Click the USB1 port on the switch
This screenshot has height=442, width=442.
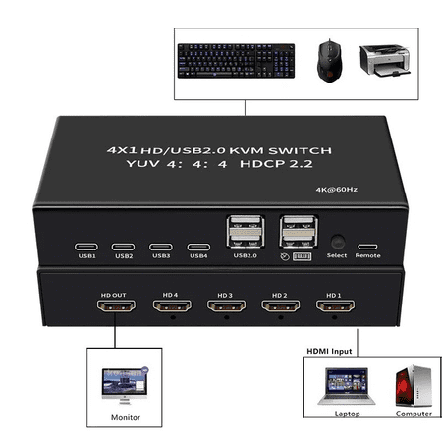click(86, 248)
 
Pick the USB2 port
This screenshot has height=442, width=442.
click(124, 248)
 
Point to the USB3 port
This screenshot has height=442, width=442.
click(161, 248)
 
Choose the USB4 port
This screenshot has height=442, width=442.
click(198, 248)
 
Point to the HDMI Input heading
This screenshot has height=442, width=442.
click(324, 349)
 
